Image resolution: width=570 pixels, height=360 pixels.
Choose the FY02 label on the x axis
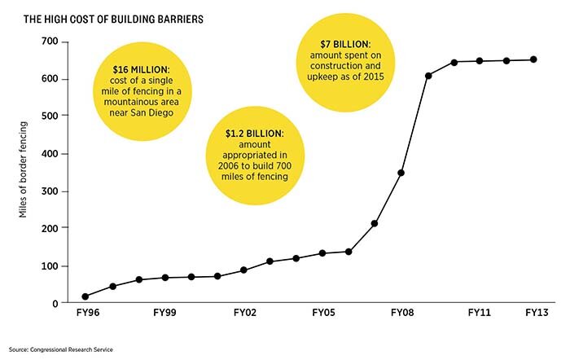245,313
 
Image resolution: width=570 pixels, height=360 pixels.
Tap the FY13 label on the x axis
535,313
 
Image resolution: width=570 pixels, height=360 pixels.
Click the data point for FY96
85,296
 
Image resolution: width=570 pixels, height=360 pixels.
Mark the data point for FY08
401,173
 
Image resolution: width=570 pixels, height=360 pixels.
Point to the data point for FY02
243,270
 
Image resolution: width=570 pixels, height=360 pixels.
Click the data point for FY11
480,61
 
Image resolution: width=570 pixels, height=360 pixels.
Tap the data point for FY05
322,253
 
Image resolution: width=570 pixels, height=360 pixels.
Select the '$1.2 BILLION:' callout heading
256,132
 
